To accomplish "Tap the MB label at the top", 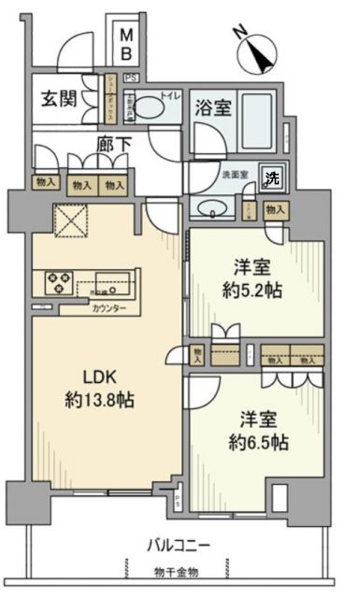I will tap(127, 44).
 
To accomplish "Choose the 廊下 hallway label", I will tap(113, 144).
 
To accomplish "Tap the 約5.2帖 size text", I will tap(254, 291).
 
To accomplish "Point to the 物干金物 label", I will tap(178, 569).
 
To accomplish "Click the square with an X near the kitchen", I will tap(69, 221).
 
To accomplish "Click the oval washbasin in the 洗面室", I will tap(212, 208).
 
